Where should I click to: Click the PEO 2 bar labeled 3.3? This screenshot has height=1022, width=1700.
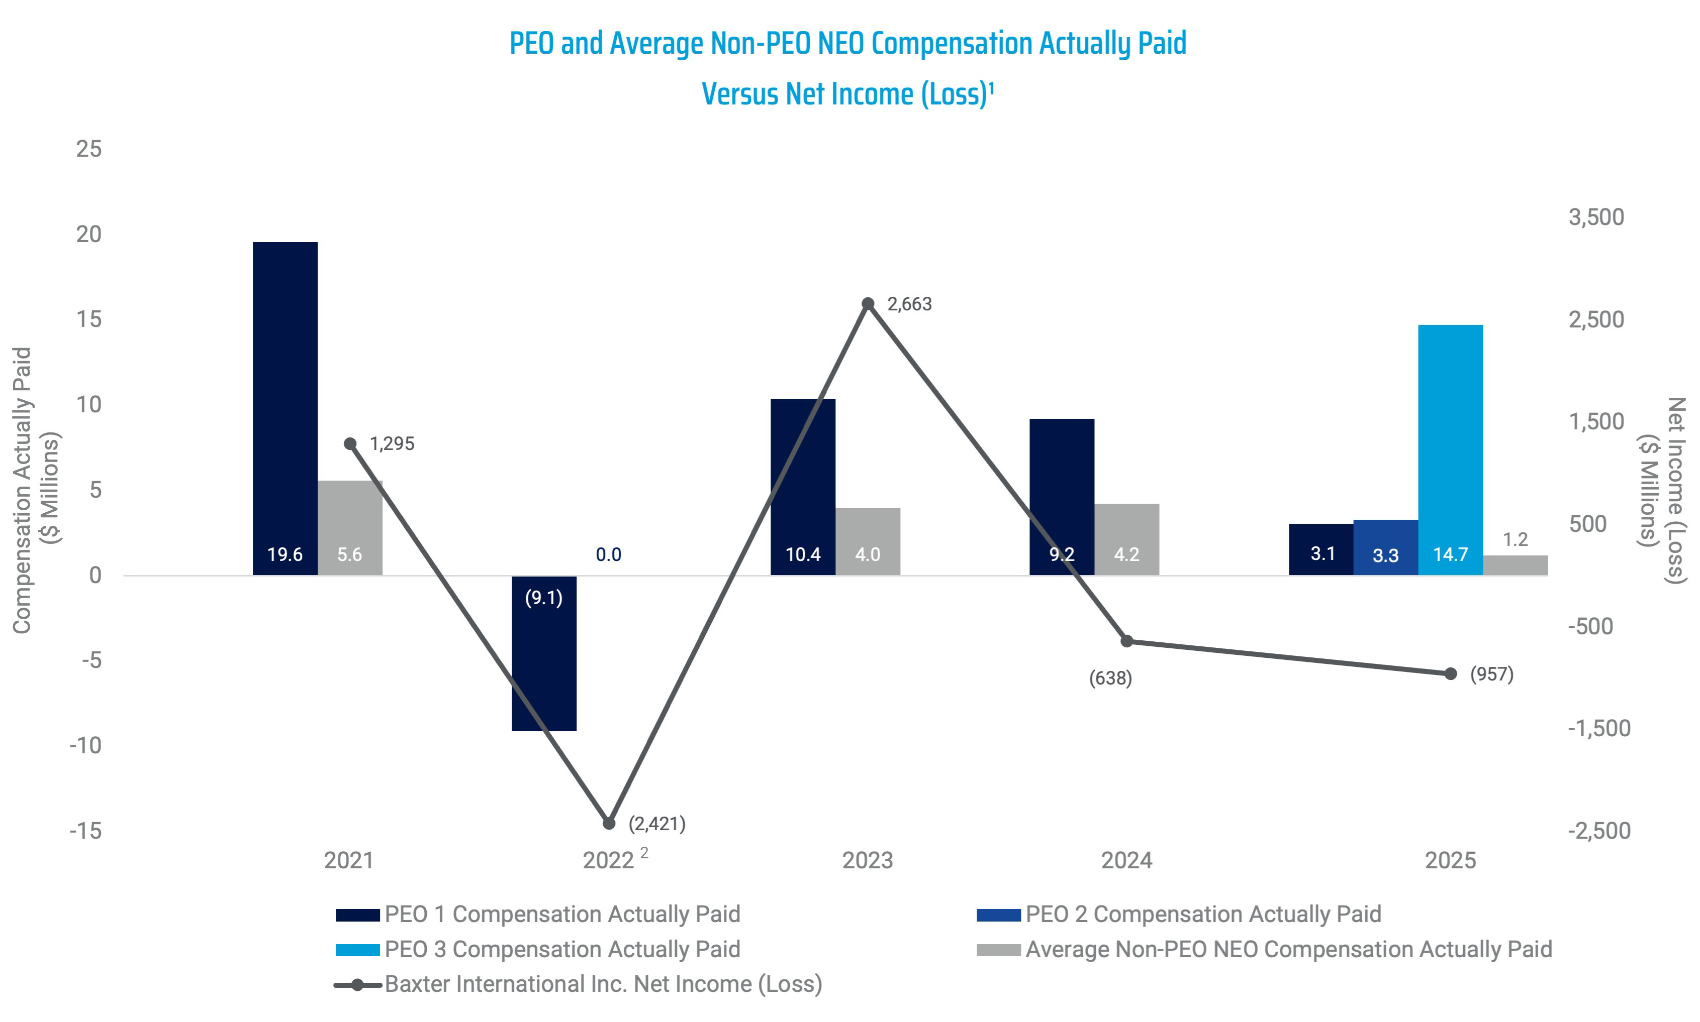(1385, 547)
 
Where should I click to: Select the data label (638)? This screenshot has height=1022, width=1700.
(1110, 678)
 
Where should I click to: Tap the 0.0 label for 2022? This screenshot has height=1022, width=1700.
(609, 554)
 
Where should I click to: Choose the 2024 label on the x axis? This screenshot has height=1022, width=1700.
(1126, 860)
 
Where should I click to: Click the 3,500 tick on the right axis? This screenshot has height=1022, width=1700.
(1596, 217)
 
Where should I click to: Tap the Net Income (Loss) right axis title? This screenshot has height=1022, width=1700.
(1662, 490)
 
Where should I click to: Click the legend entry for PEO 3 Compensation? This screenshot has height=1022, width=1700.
(561, 949)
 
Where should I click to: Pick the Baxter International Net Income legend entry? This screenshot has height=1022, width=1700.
(603, 984)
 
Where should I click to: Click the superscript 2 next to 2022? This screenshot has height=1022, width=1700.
(644, 853)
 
